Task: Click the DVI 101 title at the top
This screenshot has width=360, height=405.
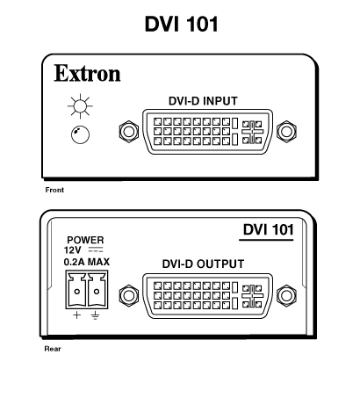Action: [x=182, y=24]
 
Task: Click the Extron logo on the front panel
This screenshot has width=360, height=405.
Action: [x=87, y=73]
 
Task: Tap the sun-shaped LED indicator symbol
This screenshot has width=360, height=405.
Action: [x=80, y=106]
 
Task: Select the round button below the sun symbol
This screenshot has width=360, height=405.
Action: [x=80, y=134]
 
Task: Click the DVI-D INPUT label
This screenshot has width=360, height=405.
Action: [x=203, y=101]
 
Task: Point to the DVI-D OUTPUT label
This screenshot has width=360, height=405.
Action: [x=203, y=264]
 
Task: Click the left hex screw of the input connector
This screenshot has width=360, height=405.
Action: [x=129, y=132]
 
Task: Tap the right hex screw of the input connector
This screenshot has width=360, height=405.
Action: [x=286, y=132]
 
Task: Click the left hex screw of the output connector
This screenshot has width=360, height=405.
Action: [x=129, y=296]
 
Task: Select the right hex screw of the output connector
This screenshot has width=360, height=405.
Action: [x=286, y=296]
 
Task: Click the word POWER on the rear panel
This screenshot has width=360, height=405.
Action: [x=85, y=240]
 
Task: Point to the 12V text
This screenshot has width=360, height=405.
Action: [x=73, y=250]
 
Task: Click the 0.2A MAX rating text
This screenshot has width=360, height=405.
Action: [x=87, y=262]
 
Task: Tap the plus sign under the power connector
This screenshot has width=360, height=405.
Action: [x=76, y=315]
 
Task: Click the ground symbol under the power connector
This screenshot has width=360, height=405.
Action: [x=95, y=315]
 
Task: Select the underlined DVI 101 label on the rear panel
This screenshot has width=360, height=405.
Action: [x=268, y=230]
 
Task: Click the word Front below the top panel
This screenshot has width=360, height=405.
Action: [x=54, y=190]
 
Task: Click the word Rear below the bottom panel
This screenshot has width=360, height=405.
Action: [x=53, y=349]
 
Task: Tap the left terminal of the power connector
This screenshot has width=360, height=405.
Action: [x=76, y=290]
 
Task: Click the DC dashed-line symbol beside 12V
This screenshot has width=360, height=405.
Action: [x=96, y=250]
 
